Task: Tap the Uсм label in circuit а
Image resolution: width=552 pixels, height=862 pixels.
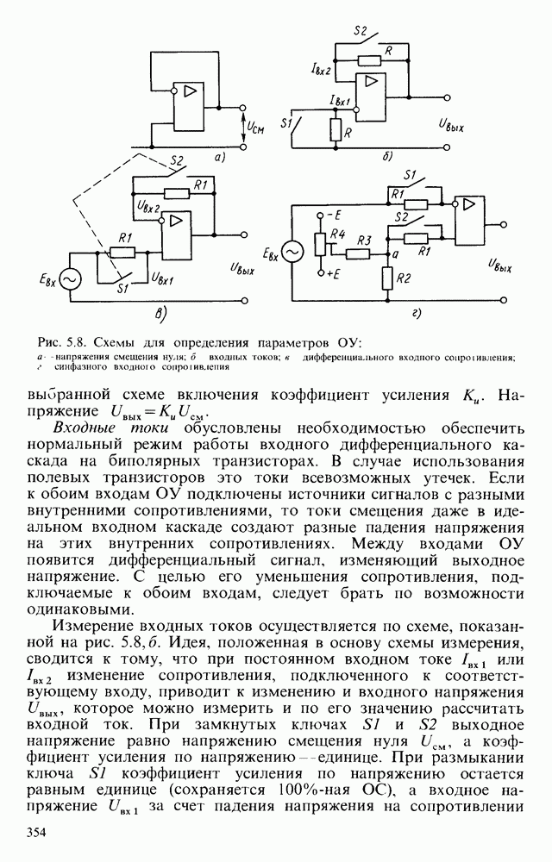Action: pos(257,128)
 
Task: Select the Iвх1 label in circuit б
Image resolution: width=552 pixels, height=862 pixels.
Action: pos(340,102)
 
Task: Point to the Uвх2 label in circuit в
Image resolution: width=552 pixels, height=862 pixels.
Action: pos(148,207)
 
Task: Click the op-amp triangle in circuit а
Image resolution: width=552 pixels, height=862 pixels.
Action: pos(185,92)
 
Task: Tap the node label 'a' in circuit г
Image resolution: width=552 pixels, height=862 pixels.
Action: pos(395,254)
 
